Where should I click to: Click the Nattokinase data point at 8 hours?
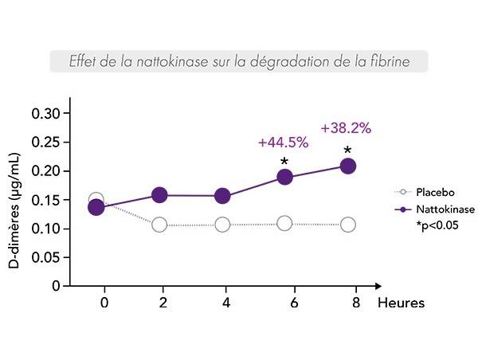click(x=347, y=166)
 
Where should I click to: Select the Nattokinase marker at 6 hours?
click(x=284, y=177)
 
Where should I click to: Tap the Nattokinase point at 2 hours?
click(x=159, y=195)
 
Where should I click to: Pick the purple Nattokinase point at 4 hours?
click(x=222, y=196)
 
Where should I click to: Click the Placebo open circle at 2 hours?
click(x=159, y=225)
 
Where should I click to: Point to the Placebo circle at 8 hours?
click(x=347, y=225)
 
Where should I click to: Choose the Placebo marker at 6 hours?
click(x=284, y=223)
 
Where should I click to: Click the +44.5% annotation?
click(x=283, y=143)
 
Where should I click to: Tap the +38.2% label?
click(x=346, y=127)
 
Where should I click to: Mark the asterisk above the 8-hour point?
click(x=347, y=151)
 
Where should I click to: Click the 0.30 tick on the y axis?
click(x=45, y=113)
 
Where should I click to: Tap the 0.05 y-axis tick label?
click(x=45, y=257)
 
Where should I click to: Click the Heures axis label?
click(x=401, y=303)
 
